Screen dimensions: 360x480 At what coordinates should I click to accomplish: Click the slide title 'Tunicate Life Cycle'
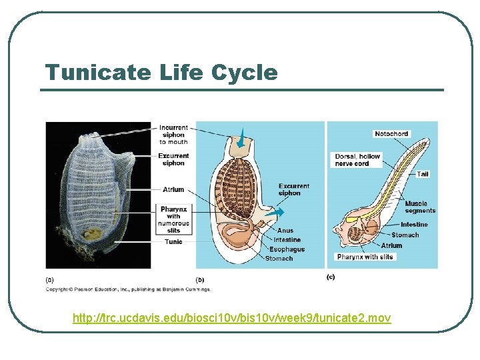(161, 72)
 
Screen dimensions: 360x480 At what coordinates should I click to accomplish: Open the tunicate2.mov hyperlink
(231, 318)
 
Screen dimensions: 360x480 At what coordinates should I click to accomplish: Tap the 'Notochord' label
(391, 134)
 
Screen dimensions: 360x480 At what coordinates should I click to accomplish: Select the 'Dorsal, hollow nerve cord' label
(357, 160)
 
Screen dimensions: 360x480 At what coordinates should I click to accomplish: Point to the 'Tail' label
(423, 174)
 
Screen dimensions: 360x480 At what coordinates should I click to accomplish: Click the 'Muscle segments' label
(420, 207)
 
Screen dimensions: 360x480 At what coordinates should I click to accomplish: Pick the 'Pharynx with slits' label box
(365, 257)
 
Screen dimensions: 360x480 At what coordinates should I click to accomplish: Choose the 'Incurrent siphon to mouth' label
(173, 135)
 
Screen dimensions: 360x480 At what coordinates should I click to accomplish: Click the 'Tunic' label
(173, 241)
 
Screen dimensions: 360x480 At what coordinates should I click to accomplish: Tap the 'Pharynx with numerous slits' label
(173, 219)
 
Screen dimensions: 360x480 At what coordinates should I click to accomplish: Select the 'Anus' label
(285, 231)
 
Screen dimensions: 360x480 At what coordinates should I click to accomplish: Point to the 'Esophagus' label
(287, 249)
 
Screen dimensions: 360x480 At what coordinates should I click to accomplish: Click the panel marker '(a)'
(50, 279)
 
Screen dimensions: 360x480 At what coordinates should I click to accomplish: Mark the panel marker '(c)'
(331, 277)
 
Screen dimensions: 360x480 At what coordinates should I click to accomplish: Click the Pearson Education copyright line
(128, 289)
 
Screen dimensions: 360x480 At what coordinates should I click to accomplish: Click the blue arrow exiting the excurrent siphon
(280, 211)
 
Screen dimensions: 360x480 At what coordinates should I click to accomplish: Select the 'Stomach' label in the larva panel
(405, 235)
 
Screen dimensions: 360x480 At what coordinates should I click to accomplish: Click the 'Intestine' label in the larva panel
(414, 225)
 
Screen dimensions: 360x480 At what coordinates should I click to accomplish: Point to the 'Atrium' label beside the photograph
(173, 189)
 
